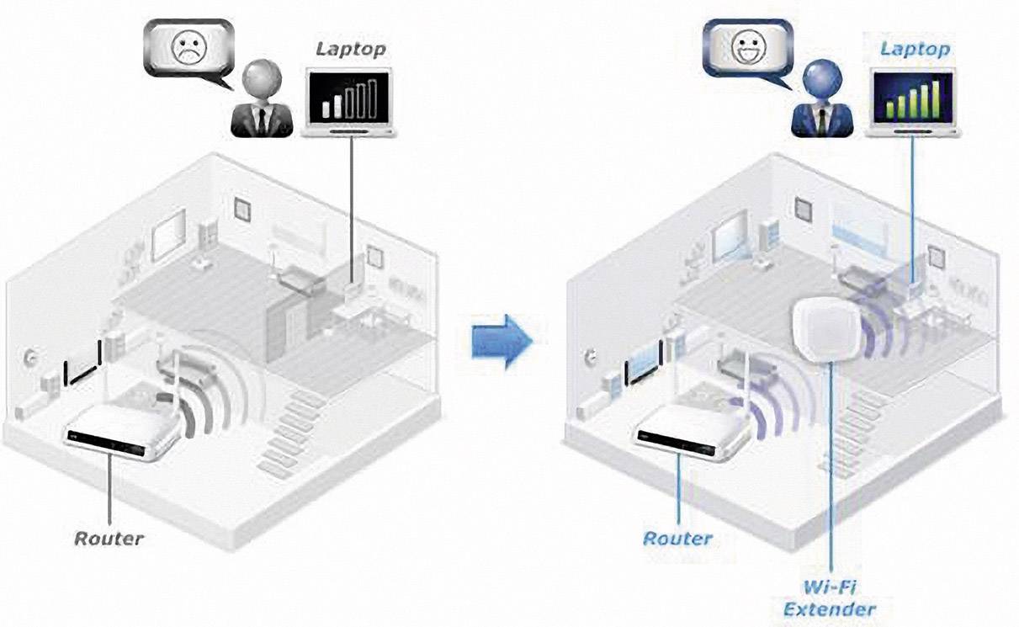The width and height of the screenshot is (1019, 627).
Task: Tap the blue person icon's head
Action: pyautogui.click(x=820, y=81)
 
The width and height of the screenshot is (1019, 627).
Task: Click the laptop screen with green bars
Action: pyautogui.click(x=914, y=98)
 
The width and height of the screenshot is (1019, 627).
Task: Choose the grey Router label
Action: pyautogui.click(x=109, y=537)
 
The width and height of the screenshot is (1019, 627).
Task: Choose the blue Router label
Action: pyautogui.click(x=677, y=537)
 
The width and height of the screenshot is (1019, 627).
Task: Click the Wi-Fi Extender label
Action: pyautogui.click(x=830, y=597)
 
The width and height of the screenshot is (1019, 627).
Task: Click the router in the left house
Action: pyautogui.click(x=126, y=429)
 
